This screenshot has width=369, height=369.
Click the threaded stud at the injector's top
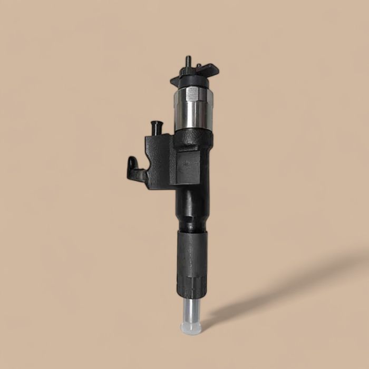[188, 62]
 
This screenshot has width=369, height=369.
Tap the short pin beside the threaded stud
[198, 67]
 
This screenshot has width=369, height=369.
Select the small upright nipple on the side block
[156, 128]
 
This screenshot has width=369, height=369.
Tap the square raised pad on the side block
[187, 168]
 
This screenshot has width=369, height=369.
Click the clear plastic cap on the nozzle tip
[191, 328]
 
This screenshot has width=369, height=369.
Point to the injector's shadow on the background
[295, 285]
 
